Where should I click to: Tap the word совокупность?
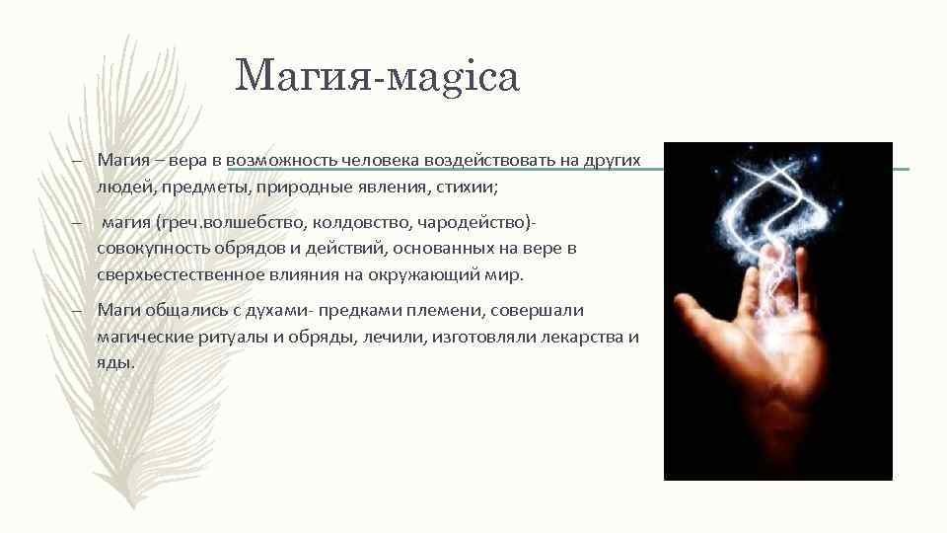pos(153,249)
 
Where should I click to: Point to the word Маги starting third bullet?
pos(117,311)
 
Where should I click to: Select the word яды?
pos(115,362)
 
